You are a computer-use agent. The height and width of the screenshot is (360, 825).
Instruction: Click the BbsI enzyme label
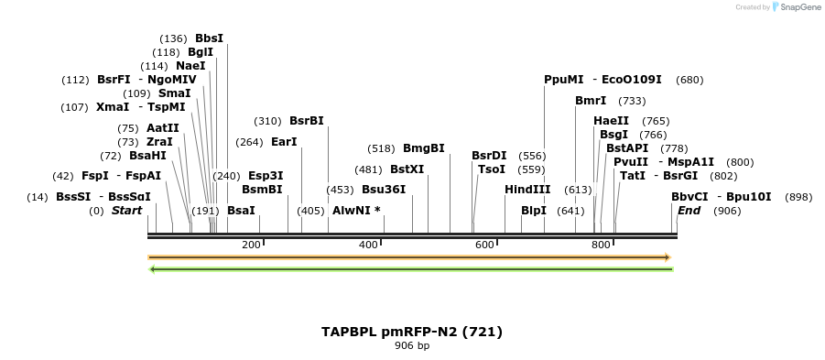[x=209, y=38]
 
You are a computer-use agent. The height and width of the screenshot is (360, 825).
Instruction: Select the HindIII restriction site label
[x=527, y=190]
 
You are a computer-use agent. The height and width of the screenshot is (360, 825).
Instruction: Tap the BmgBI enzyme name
[x=423, y=148]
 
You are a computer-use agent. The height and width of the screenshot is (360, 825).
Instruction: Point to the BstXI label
[x=407, y=169]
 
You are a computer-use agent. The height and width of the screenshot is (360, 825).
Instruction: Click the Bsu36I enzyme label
[x=383, y=190]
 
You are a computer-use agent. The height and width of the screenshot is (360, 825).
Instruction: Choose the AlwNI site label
[x=355, y=211]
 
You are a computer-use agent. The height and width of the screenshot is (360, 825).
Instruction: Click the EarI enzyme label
[x=284, y=142]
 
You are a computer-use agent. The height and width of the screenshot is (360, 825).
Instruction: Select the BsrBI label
[x=306, y=121]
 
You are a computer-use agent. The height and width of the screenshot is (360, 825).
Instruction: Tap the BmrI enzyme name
[x=591, y=101]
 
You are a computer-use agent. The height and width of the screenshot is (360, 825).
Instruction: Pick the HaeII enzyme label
[x=611, y=121]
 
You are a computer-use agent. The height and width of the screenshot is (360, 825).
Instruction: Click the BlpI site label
[x=533, y=211]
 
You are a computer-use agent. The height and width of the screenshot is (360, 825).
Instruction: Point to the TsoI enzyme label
[x=492, y=169]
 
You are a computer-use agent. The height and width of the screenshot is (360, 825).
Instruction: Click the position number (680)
[x=689, y=80]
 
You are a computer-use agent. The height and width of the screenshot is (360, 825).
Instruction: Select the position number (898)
[x=798, y=197]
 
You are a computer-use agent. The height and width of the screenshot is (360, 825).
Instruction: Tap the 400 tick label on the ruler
[x=368, y=245]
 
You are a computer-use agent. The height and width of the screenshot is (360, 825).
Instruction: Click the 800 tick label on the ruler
[x=601, y=245]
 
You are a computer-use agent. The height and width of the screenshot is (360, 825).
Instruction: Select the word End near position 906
[x=689, y=211]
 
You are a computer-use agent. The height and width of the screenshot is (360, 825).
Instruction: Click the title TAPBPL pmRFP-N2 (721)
[x=412, y=332]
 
